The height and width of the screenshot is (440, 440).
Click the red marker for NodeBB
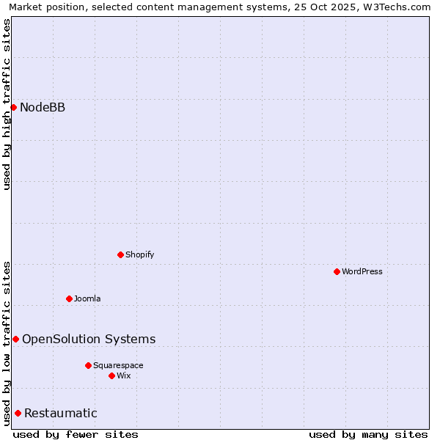[13, 107]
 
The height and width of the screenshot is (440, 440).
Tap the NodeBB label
[43, 108]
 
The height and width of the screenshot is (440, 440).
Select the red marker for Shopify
[120, 254]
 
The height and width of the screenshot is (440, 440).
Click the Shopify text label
[139, 254]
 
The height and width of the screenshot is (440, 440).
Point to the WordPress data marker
[337, 271]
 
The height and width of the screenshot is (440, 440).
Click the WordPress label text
[362, 271]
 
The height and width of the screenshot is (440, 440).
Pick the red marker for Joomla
[69, 298]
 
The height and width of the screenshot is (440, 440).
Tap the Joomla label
[87, 298]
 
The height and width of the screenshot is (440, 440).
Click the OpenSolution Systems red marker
[15, 339]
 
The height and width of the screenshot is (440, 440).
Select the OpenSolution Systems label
[89, 339]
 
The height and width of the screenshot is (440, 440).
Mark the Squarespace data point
[88, 365]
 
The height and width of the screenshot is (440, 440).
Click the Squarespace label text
[118, 365]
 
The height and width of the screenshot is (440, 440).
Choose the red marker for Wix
[111, 375]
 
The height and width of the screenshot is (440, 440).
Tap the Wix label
[124, 375]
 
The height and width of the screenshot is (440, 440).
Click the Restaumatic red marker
[18, 413]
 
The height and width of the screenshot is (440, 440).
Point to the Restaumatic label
[61, 414]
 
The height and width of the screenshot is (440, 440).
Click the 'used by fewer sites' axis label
[76, 434]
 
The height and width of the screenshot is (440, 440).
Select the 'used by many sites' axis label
[368, 434]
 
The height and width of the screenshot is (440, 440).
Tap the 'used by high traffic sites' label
[7, 104]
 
